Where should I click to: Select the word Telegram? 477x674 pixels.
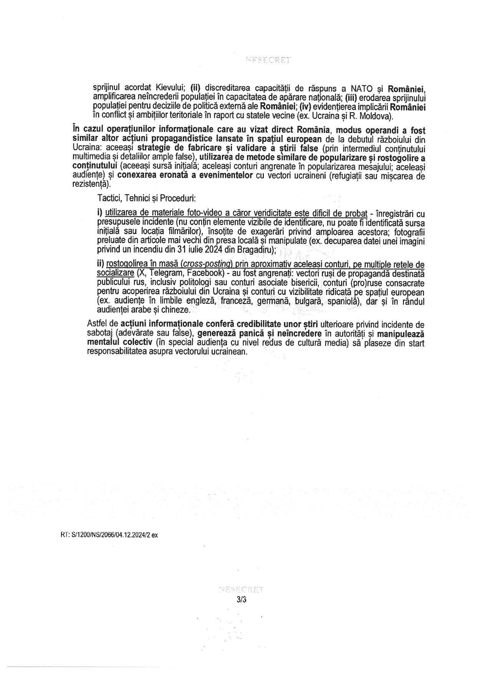[164, 273]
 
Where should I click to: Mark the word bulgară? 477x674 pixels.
[306, 301]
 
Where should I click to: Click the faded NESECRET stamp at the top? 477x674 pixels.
[268, 60]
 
